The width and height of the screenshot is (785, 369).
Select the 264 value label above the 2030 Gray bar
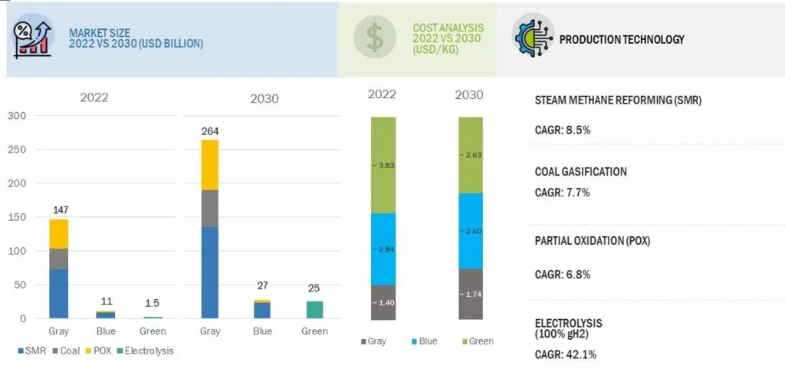210,131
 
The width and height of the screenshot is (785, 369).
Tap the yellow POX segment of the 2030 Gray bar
210,164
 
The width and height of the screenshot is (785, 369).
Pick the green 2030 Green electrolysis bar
314,309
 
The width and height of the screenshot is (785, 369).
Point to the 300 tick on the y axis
16,116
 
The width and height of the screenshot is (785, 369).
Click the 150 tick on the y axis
16,217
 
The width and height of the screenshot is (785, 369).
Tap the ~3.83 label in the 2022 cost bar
383,165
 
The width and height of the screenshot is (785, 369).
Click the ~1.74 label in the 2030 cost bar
470,295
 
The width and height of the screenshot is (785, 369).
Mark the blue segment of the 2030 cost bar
470,230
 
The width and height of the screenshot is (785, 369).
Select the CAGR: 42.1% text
565,354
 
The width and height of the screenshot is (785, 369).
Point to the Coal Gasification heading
580,172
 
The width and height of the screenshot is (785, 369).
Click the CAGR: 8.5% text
562,130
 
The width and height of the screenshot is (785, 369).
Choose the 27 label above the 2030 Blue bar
262,286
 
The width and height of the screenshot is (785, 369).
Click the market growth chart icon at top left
33,38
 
